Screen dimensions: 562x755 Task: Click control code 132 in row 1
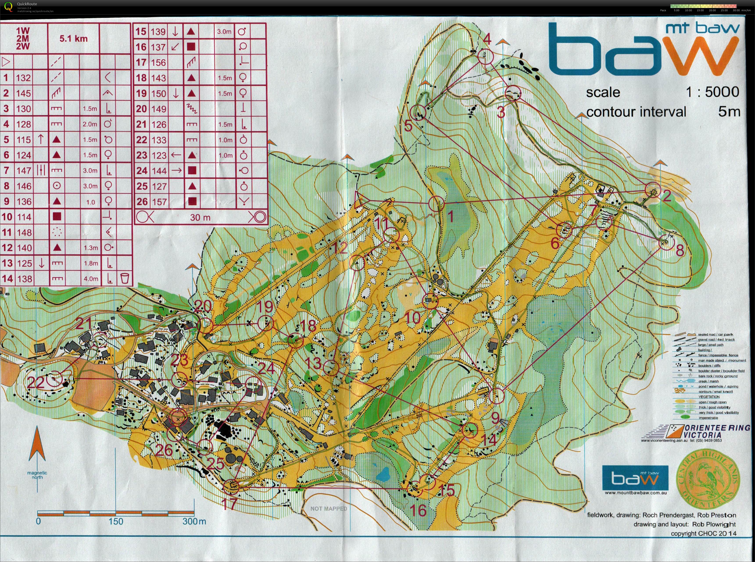[23, 78]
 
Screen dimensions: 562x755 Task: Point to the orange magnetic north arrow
[37, 446]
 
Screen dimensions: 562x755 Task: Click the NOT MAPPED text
[328, 508]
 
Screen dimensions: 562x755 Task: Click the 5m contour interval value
[729, 112]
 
